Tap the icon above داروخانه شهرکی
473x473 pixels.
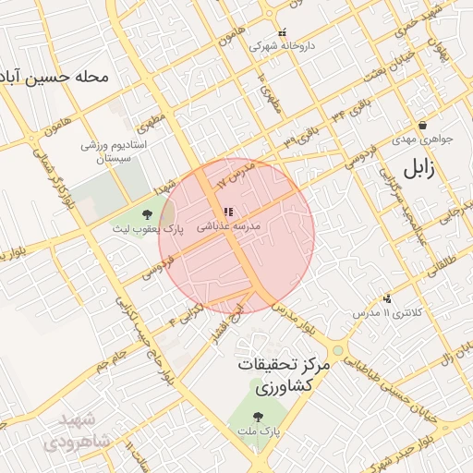tap(282, 31)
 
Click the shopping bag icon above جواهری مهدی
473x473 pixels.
tap(422, 125)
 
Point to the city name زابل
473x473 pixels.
tap(418, 169)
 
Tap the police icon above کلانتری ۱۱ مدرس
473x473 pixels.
tap(387, 298)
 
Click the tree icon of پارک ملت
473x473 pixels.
tap(256, 418)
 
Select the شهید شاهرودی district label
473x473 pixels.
tap(83, 431)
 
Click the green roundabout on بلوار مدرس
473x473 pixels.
tap(337, 351)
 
